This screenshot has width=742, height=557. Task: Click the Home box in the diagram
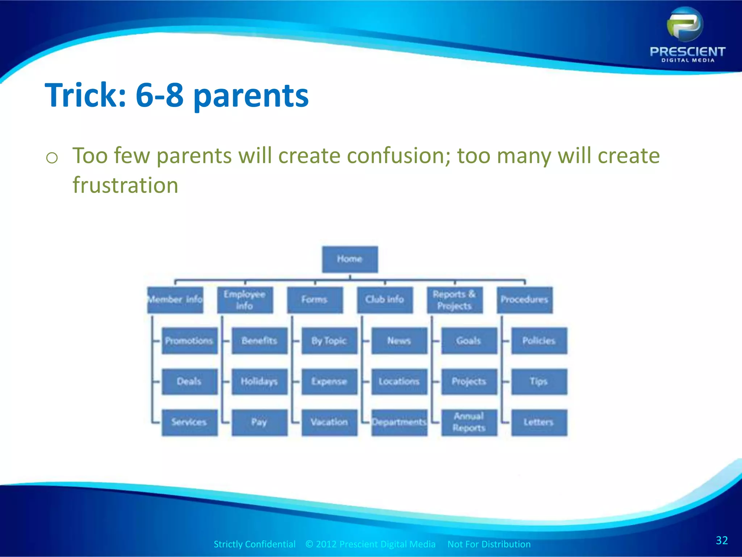pyautogui.click(x=350, y=259)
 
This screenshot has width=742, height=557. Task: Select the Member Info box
pyautogui.click(x=175, y=300)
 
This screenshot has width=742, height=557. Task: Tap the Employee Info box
pyautogui.click(x=245, y=300)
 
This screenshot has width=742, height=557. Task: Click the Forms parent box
pyautogui.click(x=314, y=300)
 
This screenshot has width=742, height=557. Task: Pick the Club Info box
pyautogui.click(x=384, y=300)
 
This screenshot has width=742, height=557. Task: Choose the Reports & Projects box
pyautogui.click(x=454, y=300)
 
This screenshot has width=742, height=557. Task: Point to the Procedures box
pyautogui.click(x=524, y=300)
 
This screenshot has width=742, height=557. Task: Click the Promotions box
pyautogui.click(x=189, y=341)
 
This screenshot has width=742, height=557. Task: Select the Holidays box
pyautogui.click(x=259, y=381)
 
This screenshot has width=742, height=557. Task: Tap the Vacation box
pyautogui.click(x=329, y=422)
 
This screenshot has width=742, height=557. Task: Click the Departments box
pyautogui.click(x=399, y=422)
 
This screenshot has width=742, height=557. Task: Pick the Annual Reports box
pyautogui.click(x=469, y=422)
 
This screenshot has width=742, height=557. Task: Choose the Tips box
pyautogui.click(x=539, y=381)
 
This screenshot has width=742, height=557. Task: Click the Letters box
pyautogui.click(x=539, y=422)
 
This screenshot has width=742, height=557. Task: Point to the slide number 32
pyautogui.click(x=721, y=540)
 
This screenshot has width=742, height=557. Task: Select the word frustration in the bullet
pyautogui.click(x=125, y=185)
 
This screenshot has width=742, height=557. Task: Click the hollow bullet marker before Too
pyautogui.click(x=52, y=158)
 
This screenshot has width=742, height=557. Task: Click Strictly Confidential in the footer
pyautogui.click(x=254, y=544)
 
